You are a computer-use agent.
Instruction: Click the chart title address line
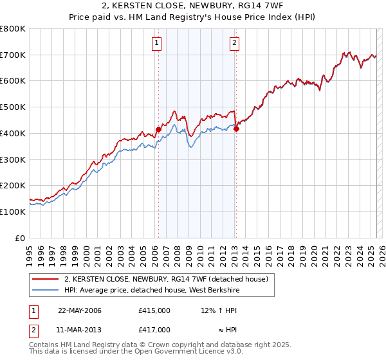(x=193, y=6)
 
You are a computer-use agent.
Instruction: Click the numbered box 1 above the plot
(x=157, y=44)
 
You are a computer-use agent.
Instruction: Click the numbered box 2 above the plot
(x=234, y=44)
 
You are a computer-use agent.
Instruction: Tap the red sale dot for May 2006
(x=158, y=130)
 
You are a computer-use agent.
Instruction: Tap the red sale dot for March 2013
(x=236, y=129)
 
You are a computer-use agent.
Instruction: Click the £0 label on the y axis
(x=21, y=238)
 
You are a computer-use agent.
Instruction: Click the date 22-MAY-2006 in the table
(x=80, y=310)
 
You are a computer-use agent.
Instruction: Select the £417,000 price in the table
(x=154, y=330)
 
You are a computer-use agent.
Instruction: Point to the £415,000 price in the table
(x=154, y=310)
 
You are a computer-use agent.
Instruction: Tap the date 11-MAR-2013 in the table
(x=80, y=330)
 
